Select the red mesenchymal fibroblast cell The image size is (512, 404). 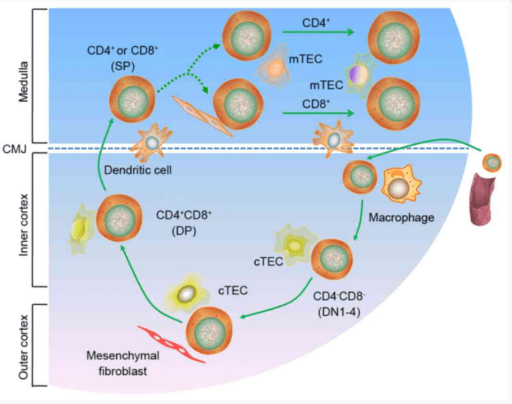pos(171,343)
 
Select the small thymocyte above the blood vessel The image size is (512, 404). pos(492,162)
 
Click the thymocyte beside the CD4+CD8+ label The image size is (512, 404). pos(115,218)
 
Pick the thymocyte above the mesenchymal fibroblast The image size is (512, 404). pos(209,329)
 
